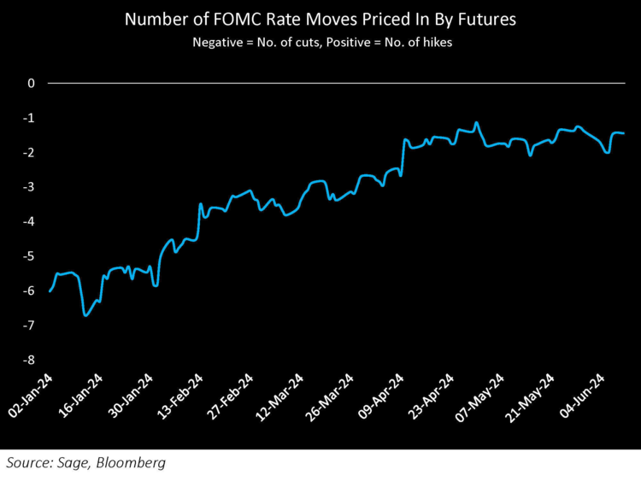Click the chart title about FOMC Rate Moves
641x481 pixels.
tap(320, 20)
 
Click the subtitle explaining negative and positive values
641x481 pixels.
tap(320, 42)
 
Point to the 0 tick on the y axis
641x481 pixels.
tap(31, 84)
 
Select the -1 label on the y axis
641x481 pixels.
tap(29, 118)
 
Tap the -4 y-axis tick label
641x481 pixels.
tap(29, 222)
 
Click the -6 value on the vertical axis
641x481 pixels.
tap(29, 291)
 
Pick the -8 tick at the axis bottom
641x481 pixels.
tap(29, 361)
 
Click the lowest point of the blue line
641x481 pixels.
tap(85, 315)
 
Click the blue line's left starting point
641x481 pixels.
tap(50, 291)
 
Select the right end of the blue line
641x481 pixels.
tap(623, 133)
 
